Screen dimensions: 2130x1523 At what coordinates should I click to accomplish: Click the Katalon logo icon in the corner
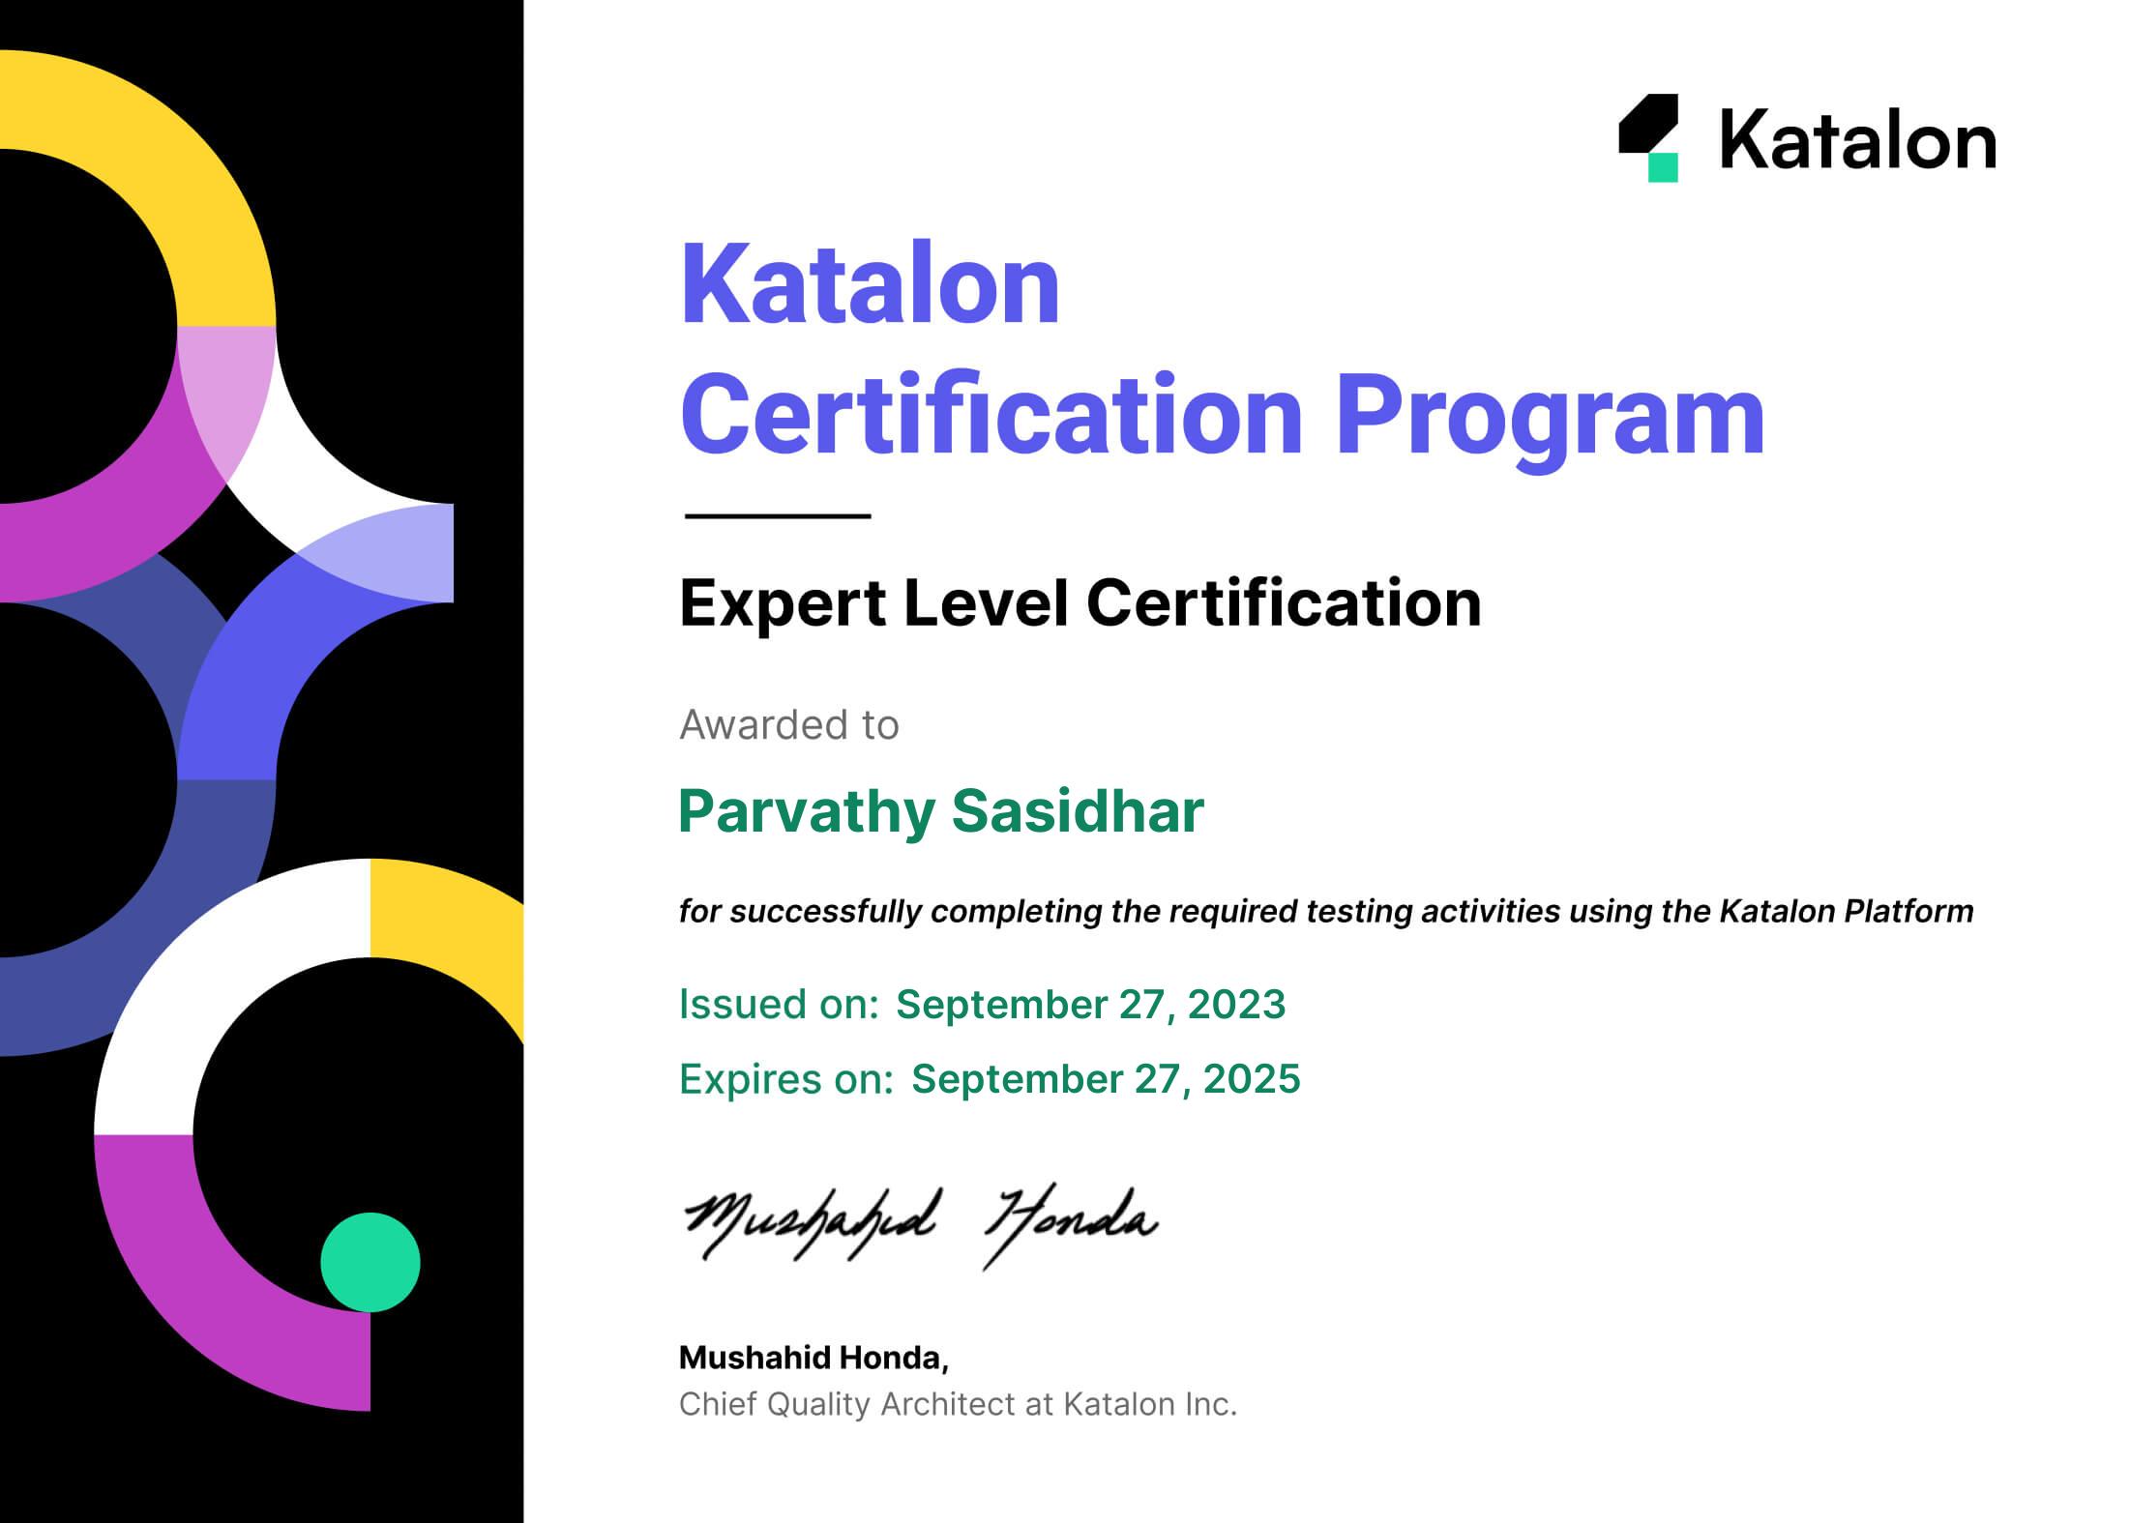click(x=1648, y=137)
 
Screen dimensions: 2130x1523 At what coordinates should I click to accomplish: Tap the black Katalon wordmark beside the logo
click(x=1857, y=139)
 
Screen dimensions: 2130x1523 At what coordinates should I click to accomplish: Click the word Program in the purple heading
click(x=1550, y=416)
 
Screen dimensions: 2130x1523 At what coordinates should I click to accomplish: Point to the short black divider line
click(x=778, y=515)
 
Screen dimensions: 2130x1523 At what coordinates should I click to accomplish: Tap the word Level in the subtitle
click(x=986, y=603)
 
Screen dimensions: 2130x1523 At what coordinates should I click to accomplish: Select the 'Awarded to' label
click(x=789, y=724)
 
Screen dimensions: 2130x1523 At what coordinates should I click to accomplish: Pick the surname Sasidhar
click(x=1078, y=810)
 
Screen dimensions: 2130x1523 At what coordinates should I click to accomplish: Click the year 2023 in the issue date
click(x=1236, y=1005)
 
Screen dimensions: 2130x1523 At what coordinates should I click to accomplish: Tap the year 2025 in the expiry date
click(x=1252, y=1079)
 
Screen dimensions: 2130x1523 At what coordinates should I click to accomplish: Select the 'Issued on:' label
click(x=779, y=1005)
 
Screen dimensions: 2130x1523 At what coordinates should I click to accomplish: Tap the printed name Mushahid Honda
click(x=814, y=1358)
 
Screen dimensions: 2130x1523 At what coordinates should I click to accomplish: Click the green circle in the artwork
click(x=370, y=1262)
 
